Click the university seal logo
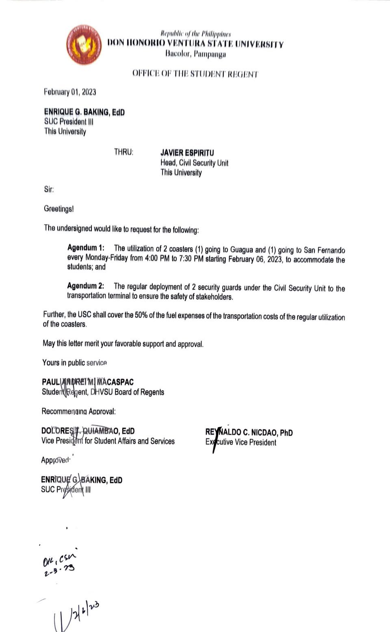coord(84,45)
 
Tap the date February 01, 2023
coord(70,92)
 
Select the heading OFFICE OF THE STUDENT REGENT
coord(195,74)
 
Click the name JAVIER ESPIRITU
coord(187,153)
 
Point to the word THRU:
coord(123,153)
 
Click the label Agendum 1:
coord(86,248)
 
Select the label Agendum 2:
coord(85,286)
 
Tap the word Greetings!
coord(59,209)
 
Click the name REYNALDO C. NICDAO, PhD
coord(249,432)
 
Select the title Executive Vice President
coord(241,442)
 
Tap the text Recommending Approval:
coord(78,411)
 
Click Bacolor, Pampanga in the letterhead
coord(196,54)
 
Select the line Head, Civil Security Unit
coord(194,163)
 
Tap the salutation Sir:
coord(49,189)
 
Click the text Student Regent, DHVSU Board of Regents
coord(103,392)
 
